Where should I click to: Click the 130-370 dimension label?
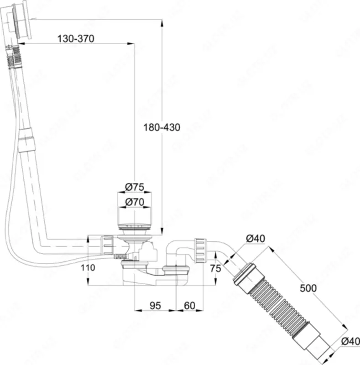76,39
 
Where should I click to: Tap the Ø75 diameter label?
135,187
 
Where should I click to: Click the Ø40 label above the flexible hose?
256,238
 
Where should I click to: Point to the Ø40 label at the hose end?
349,341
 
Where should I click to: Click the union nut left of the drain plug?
106,245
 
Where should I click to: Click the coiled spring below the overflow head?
12,57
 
